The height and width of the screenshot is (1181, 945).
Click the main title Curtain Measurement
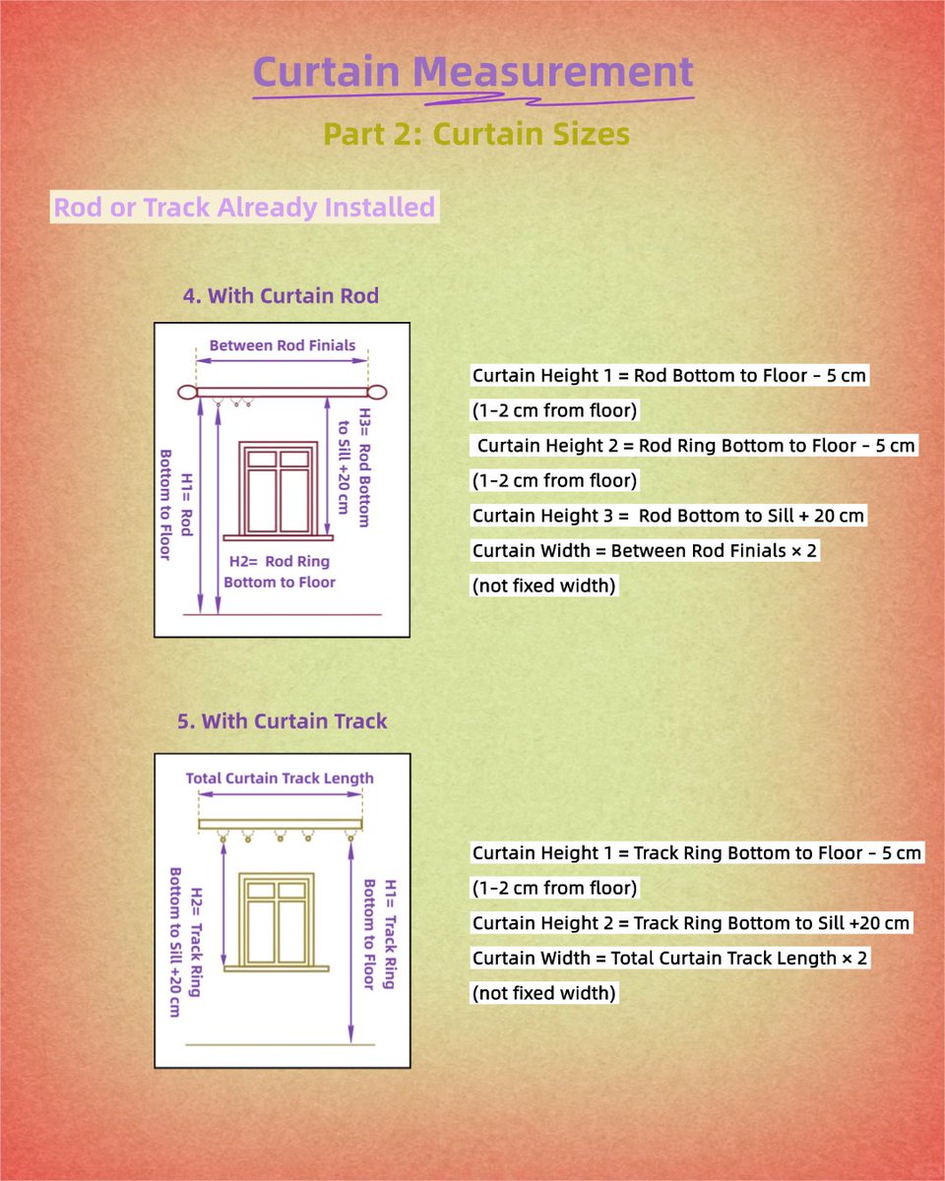tap(472, 73)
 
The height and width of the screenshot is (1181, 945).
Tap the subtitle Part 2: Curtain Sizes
tap(476, 133)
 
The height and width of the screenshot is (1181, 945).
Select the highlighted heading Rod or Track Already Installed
tap(244, 208)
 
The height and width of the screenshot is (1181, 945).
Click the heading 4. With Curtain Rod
tap(281, 296)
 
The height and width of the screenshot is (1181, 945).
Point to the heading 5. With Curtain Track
tap(283, 721)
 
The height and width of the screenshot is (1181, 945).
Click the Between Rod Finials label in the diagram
tap(282, 345)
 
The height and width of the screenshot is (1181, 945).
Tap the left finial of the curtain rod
tap(186, 393)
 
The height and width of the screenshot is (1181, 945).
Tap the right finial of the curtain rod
tap(377, 393)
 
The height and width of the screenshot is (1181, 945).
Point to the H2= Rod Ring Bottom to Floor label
tap(280, 572)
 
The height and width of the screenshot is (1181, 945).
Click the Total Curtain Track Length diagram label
tap(280, 778)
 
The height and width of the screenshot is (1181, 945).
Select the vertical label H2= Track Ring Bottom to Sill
tap(185, 942)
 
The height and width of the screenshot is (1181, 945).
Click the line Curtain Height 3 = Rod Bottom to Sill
tap(668, 516)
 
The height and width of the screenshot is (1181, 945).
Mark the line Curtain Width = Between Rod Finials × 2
tap(645, 551)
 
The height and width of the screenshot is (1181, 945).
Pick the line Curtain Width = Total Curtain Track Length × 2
tap(670, 958)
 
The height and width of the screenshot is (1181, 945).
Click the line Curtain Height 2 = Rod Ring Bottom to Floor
tap(696, 446)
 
